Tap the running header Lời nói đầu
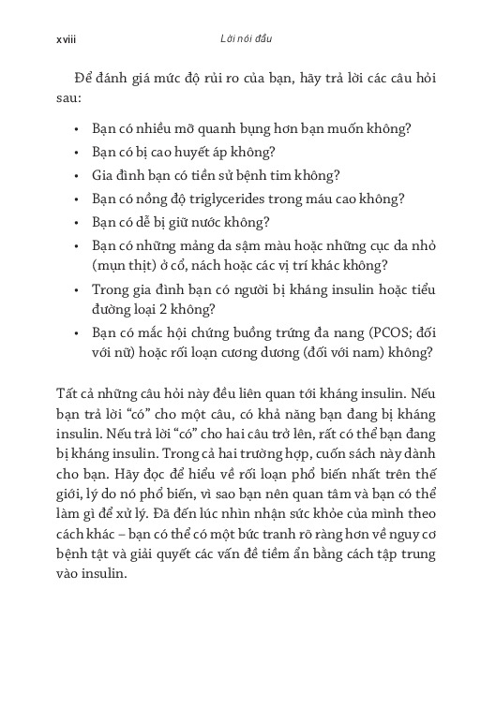(246, 42)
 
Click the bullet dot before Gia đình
(75, 175)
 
